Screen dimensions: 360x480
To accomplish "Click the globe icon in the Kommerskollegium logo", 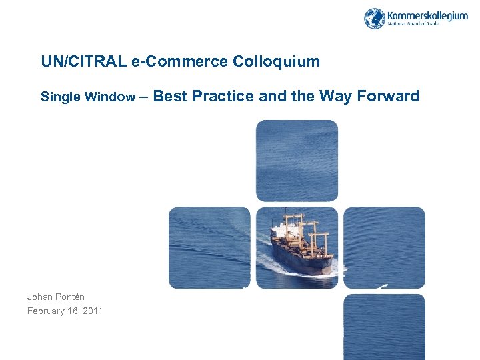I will pos(375,18).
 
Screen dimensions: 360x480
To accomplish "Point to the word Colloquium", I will pos(277,62).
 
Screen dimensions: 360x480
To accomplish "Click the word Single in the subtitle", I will pos(60,97).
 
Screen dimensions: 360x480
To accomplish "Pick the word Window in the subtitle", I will pos(109,97).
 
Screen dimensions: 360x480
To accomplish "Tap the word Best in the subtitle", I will pos(175,97).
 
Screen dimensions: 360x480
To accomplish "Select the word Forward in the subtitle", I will pos(389,97).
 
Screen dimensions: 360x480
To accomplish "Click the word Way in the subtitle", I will pos(336,97).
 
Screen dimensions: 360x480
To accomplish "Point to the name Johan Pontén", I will pos(56,297).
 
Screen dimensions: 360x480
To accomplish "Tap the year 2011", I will pos(92,311).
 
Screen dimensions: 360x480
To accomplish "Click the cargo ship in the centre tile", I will pos(300,244).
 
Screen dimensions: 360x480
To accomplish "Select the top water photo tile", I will pos(297,160).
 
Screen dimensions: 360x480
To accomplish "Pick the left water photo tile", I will pos(209,247).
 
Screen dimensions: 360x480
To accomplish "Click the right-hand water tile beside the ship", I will pos(384,247).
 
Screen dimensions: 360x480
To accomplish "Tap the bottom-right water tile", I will pos(384,327).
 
